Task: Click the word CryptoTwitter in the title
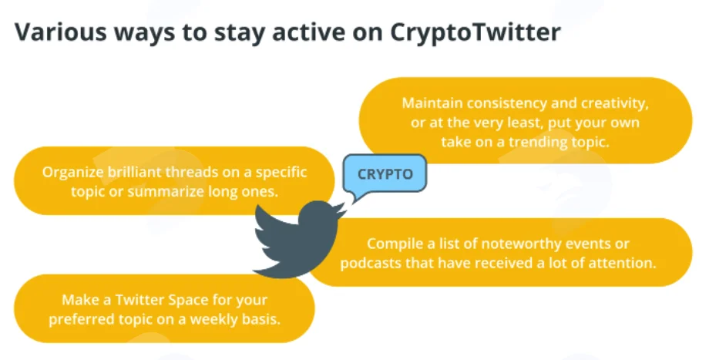pyautogui.click(x=475, y=32)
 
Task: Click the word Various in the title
pyautogui.click(x=59, y=32)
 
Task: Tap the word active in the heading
pyautogui.click(x=311, y=32)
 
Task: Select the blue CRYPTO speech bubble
pyautogui.click(x=385, y=174)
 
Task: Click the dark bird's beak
pyautogui.click(x=342, y=210)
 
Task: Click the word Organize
pyautogui.click(x=72, y=173)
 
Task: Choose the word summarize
pyautogui.click(x=166, y=192)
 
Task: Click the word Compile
pyautogui.click(x=395, y=244)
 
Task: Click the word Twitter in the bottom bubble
pyautogui.click(x=139, y=300)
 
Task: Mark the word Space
pyautogui.click(x=189, y=301)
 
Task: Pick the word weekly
pyautogui.click(x=213, y=320)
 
